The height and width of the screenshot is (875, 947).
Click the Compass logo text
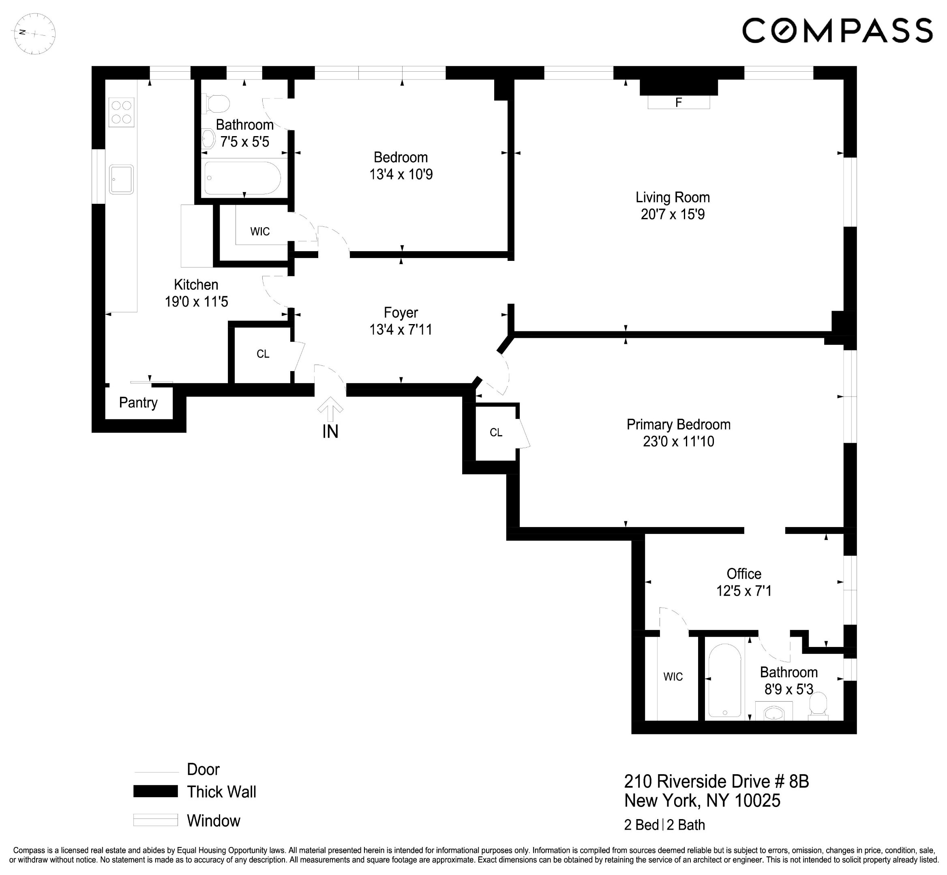837,31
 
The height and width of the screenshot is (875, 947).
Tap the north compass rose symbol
34,34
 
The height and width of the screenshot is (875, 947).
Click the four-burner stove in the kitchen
121,112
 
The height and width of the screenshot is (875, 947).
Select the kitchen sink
121,179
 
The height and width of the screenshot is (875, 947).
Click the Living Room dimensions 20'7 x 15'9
672,214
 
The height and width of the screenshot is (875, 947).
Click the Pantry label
138,403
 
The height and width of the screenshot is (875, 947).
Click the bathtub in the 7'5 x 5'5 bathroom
242,178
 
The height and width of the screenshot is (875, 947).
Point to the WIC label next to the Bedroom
259,232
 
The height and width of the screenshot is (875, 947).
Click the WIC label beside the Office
673,677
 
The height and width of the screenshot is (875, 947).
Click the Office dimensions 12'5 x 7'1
743,591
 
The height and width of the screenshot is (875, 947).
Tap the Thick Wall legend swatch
155,791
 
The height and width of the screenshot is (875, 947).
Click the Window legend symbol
155,820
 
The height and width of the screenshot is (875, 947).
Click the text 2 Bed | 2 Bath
664,825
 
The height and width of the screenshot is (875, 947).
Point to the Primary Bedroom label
678,424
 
